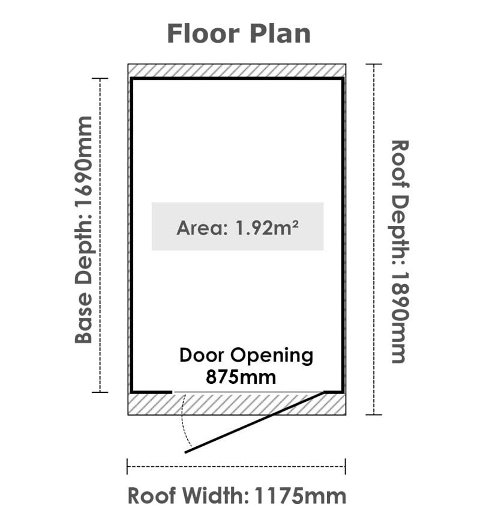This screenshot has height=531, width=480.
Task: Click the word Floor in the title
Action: [203, 34]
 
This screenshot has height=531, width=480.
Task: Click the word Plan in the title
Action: [280, 34]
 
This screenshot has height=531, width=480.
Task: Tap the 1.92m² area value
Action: [266, 228]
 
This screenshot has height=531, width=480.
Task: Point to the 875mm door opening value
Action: [241, 377]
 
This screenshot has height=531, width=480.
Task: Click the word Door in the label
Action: [202, 356]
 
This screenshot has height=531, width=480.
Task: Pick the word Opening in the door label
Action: [272, 357]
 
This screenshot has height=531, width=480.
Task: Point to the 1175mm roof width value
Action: [300, 496]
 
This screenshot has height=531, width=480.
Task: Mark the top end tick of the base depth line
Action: [100, 78]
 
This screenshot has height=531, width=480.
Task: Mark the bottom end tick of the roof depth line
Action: [374, 414]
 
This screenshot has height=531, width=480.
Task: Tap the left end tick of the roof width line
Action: [127, 467]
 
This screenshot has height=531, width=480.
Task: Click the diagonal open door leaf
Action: [253, 422]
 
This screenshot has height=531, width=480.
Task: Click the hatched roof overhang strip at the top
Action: [237, 71]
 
